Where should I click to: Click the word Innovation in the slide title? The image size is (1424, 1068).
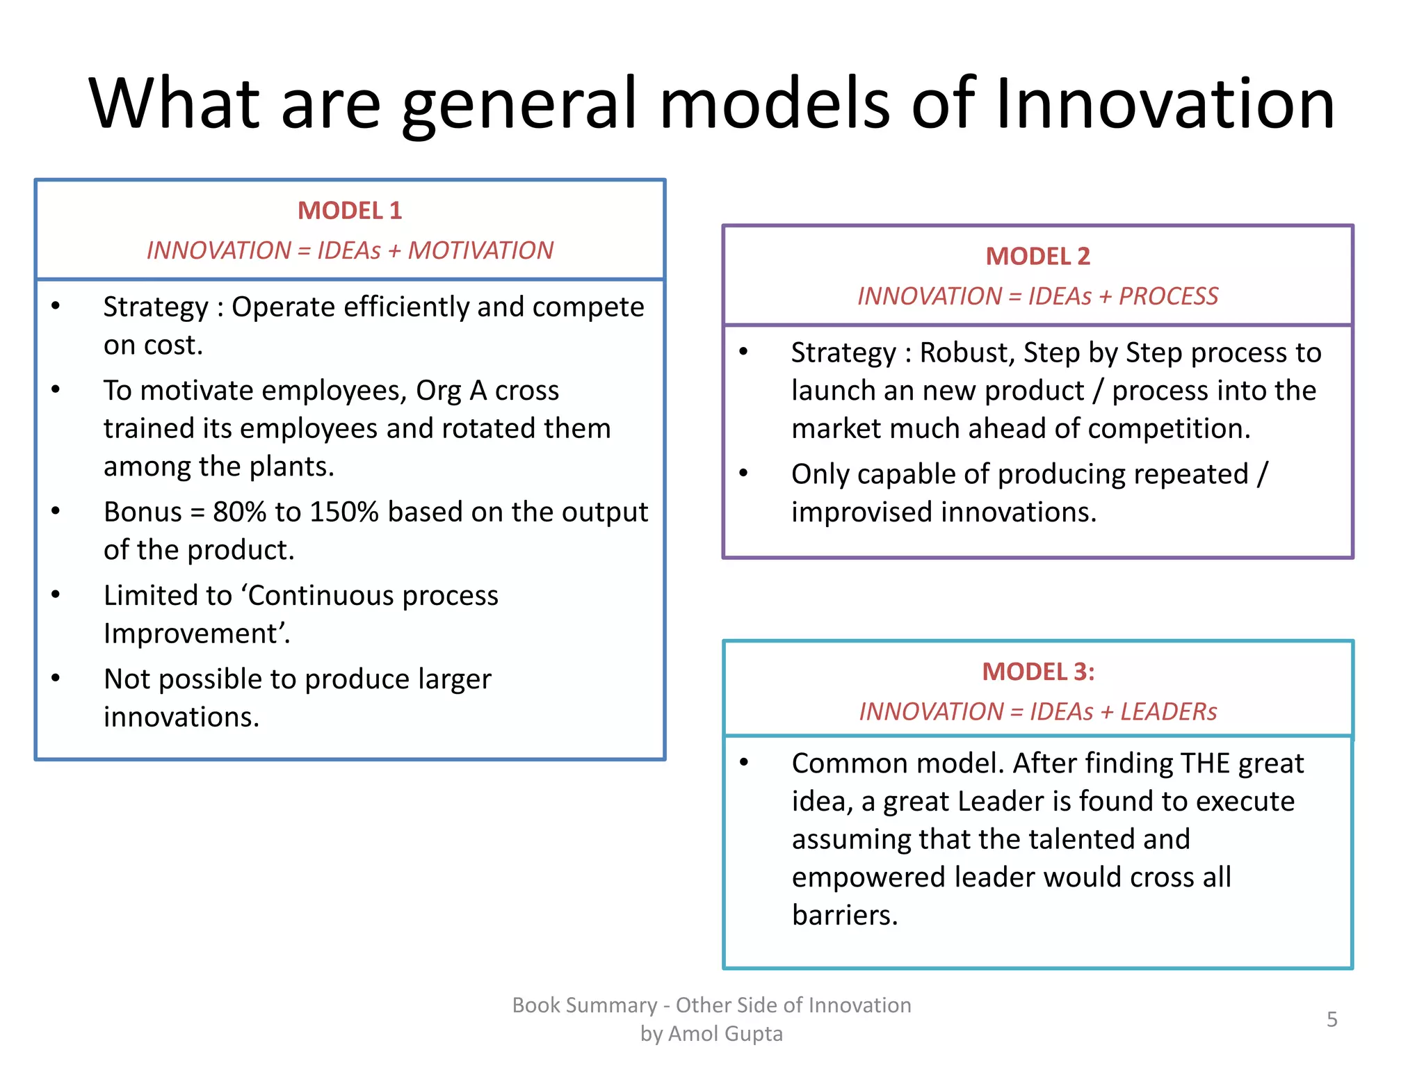click(x=1165, y=104)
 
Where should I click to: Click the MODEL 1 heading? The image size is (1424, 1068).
click(x=350, y=211)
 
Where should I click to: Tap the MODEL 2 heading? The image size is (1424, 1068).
click(x=1037, y=257)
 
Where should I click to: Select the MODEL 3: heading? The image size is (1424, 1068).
click(x=1037, y=672)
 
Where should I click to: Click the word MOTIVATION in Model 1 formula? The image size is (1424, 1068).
click(x=480, y=250)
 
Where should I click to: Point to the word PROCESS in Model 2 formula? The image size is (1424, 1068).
click(x=1168, y=296)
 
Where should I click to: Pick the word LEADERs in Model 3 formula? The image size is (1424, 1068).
click(x=1168, y=711)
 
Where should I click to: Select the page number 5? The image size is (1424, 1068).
click(x=1332, y=1019)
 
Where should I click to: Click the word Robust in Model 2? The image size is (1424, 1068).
click(x=967, y=353)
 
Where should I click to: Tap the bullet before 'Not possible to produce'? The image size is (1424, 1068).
click(x=56, y=679)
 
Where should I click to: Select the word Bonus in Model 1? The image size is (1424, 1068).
click(x=143, y=512)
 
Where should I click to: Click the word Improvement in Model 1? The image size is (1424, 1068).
click(x=191, y=634)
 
